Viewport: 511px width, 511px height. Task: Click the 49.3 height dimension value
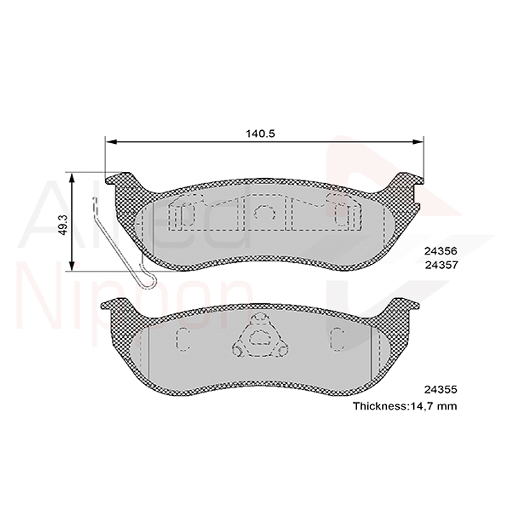coord(63,224)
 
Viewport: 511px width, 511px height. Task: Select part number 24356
coord(441,252)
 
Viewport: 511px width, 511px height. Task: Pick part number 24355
coord(441,389)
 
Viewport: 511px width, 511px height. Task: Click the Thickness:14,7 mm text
coord(404,406)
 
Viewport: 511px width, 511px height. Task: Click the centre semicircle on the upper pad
coord(263,212)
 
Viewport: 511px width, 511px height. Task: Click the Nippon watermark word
coord(135,292)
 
